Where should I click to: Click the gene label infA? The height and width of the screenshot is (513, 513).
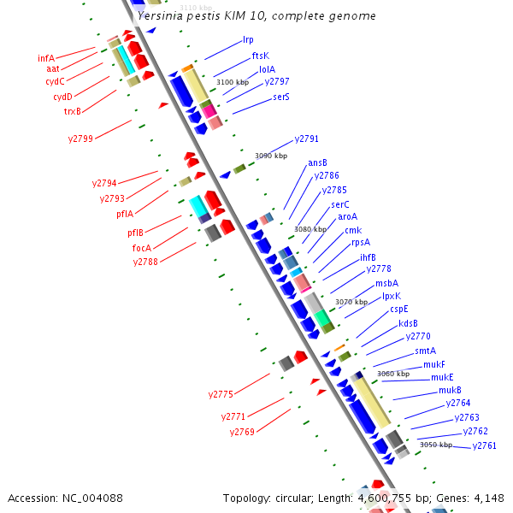click(46, 58)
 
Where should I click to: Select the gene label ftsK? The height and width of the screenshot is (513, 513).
click(260, 55)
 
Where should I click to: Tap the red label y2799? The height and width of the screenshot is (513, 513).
click(81, 138)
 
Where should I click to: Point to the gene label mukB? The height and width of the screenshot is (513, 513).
click(450, 390)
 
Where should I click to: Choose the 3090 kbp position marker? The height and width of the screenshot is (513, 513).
click(271, 156)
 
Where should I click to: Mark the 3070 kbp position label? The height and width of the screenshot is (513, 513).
click(351, 302)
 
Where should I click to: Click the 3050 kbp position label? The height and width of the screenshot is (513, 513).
click(435, 445)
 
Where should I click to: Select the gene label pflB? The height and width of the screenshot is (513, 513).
click(136, 233)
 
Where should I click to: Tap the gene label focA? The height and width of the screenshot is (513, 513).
click(141, 248)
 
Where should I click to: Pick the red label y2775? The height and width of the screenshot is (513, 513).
click(221, 394)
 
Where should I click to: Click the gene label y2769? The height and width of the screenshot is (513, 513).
click(242, 432)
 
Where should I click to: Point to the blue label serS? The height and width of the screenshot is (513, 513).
click(281, 97)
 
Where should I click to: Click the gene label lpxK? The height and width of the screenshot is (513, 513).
click(392, 296)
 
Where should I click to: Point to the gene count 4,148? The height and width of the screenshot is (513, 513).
click(488, 498)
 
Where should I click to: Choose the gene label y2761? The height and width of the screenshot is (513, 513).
click(484, 445)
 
